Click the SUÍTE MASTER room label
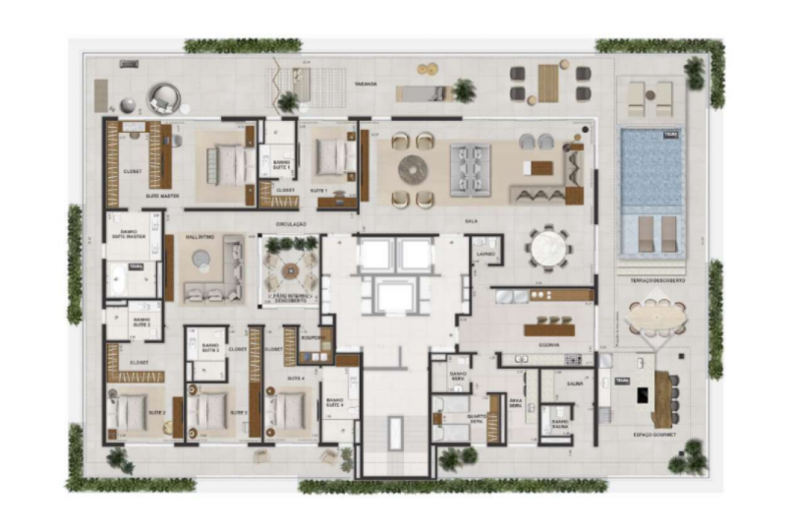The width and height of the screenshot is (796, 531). tap(162, 197)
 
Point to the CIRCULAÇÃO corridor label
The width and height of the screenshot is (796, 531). tap(291, 224)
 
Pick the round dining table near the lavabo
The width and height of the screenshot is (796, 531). tap(546, 247)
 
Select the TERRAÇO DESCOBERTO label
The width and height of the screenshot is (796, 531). tap(657, 280)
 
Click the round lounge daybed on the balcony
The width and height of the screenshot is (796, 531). tap(164, 98)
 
